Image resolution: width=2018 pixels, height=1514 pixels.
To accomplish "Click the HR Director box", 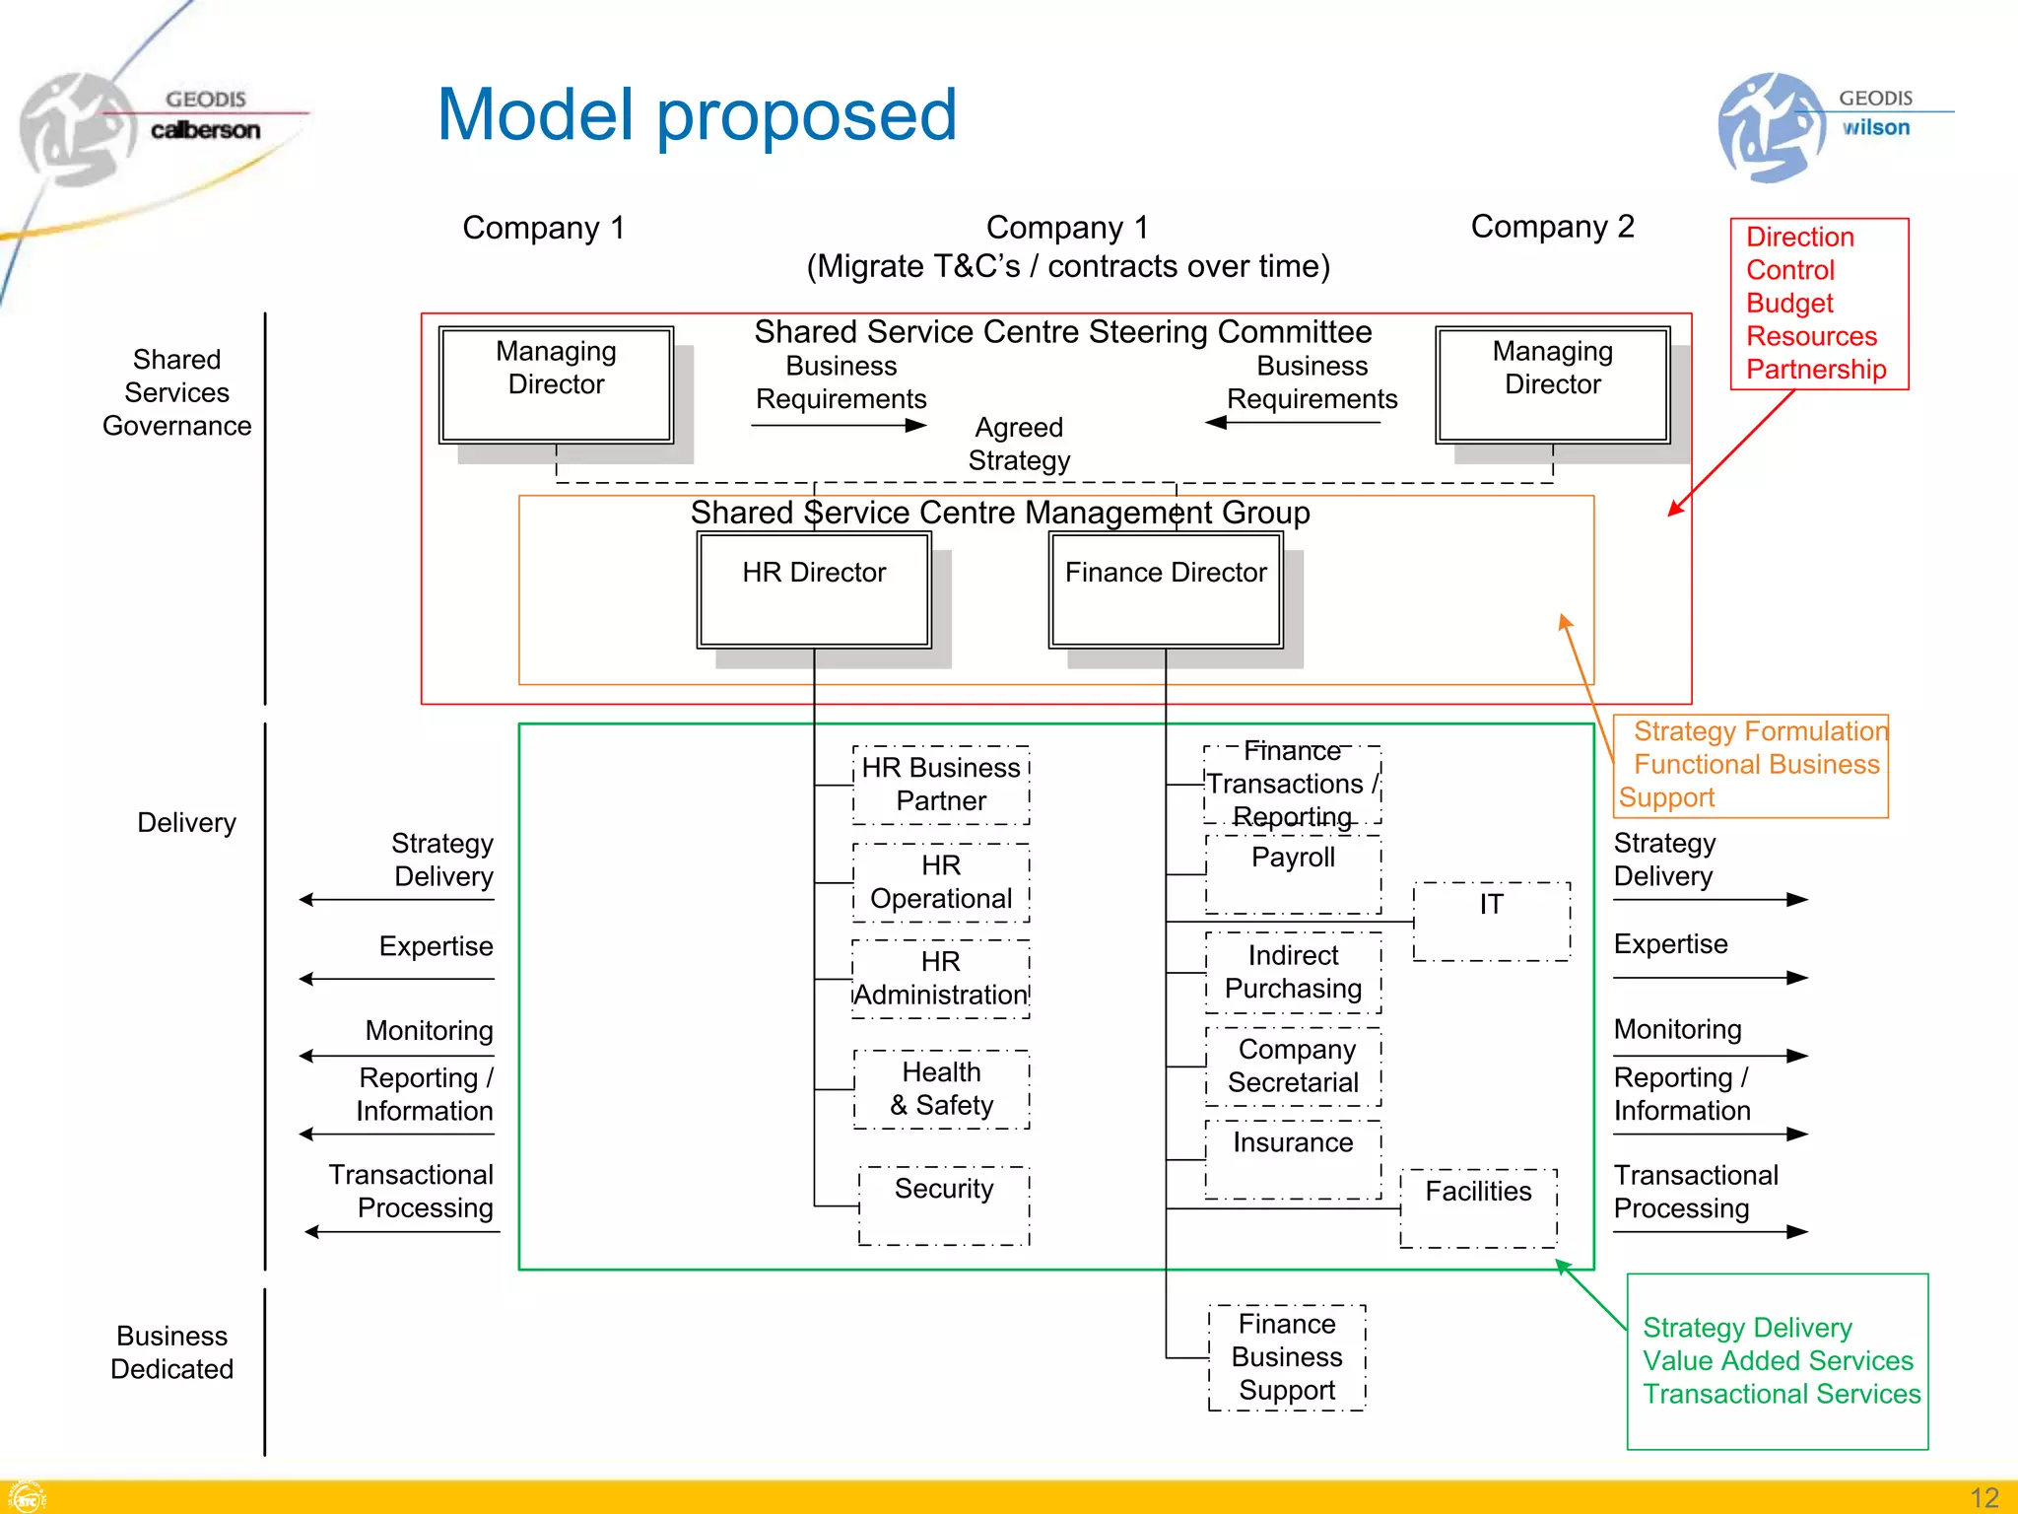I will [x=814, y=589].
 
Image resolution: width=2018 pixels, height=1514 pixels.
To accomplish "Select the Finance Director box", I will [x=1166, y=589].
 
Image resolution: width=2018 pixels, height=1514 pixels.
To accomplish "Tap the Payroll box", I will [x=1293, y=873].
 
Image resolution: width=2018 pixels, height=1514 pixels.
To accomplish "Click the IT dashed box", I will [x=1491, y=921].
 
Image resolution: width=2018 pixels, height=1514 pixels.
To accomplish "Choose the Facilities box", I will [x=1478, y=1207].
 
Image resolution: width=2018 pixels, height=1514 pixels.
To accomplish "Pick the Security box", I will [x=944, y=1204].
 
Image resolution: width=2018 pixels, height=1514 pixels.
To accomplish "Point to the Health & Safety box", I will [x=942, y=1088].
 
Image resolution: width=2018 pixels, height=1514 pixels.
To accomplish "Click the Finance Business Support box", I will [x=1287, y=1357].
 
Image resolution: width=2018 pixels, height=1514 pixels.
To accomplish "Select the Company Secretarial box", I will [x=1293, y=1066].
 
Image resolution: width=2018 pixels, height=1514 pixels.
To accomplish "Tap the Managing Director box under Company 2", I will [x=1552, y=384].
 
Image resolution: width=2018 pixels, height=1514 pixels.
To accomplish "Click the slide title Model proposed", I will [x=697, y=114].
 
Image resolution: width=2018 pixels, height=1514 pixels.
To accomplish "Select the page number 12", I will [x=1984, y=1497].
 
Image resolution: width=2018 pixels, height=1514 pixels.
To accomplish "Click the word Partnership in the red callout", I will [x=1816, y=370].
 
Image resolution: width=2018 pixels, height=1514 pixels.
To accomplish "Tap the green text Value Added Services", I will [x=1778, y=1361].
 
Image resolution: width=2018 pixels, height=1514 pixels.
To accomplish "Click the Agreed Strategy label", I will [x=1019, y=444].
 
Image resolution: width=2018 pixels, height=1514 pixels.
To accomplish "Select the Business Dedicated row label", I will [x=171, y=1352].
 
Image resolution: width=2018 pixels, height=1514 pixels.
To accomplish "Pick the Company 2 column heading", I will [x=1552, y=227].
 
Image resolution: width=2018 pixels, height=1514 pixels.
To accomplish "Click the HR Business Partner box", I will [x=941, y=785].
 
